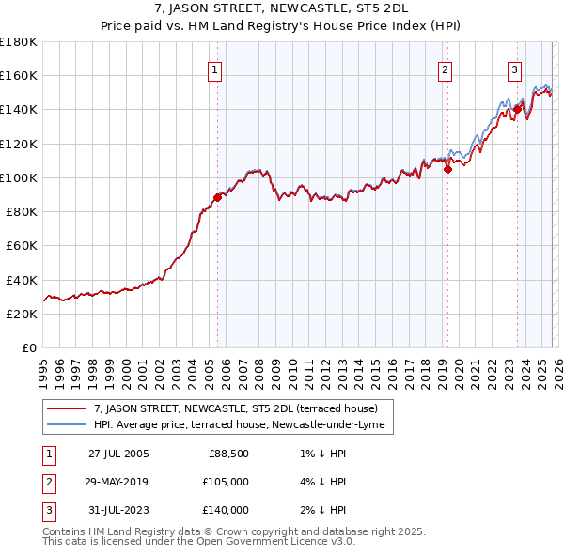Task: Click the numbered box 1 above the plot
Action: pyautogui.click(x=214, y=69)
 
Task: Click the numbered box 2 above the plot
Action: pyautogui.click(x=444, y=69)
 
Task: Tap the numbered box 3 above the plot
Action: pyautogui.click(x=514, y=69)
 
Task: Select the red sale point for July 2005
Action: pyautogui.click(x=217, y=197)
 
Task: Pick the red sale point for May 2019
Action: pyautogui.click(x=447, y=169)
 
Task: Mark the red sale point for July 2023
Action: pyautogui.click(x=517, y=109)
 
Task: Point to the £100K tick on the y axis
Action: pyautogui.click(x=19, y=177)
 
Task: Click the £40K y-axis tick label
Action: pyautogui.click(x=22, y=280)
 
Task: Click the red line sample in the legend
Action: pyautogui.click(x=67, y=408)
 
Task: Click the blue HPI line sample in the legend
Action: pyautogui.click(x=67, y=425)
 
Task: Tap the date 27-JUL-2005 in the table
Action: pyautogui.click(x=118, y=454)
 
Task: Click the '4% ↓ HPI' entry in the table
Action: pyautogui.click(x=320, y=482)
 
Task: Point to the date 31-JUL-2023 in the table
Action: pyautogui.click(x=118, y=510)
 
